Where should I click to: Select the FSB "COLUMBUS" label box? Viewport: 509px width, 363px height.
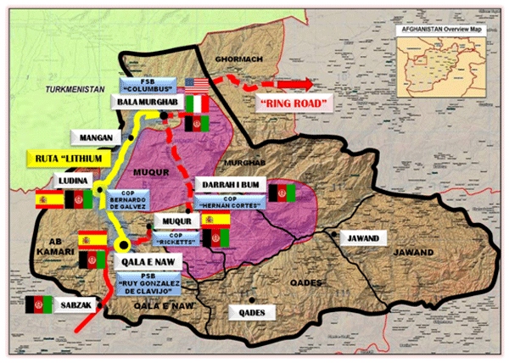point(153,86)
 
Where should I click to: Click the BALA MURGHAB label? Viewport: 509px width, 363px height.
point(146,103)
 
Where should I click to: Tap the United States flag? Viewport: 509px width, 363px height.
point(197,86)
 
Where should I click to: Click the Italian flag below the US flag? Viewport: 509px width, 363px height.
point(197,105)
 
